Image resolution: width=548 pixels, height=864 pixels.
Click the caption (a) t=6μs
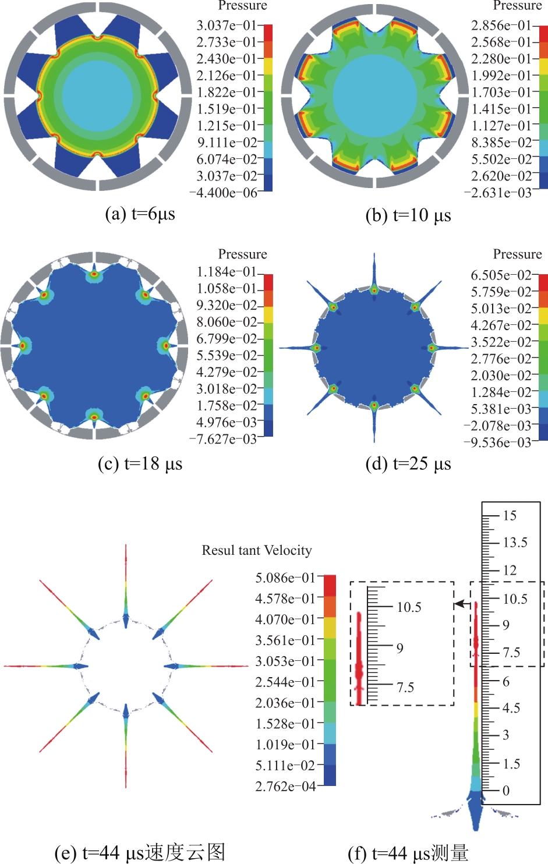pos(140,214)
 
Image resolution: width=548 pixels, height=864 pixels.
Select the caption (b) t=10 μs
pos(408,215)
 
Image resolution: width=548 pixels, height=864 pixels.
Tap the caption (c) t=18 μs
pos(140,463)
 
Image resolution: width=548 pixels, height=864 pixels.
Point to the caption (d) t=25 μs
pos(408,463)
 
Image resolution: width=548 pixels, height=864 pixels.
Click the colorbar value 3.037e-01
pos(227,26)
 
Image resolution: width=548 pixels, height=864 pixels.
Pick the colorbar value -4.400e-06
pos(224,192)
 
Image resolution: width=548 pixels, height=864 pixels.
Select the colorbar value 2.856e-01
pos(501,26)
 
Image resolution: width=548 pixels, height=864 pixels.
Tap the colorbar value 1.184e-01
pos(227,272)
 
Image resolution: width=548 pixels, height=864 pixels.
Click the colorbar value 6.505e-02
pos(501,275)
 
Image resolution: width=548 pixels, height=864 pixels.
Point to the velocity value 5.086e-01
pos(285,578)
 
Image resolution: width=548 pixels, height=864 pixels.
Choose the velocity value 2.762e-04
pos(285,786)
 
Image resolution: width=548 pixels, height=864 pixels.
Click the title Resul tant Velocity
pos(257,550)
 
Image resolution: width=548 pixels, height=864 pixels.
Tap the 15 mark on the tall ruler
pos(510,515)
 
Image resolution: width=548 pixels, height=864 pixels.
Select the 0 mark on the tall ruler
pos(506,790)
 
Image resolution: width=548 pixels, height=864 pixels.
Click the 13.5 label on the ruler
pos(515,543)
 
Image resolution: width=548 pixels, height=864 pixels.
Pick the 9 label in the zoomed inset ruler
pos(400,649)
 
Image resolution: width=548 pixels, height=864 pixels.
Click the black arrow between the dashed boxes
pos(462,604)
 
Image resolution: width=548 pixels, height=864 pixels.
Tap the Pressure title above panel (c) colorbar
pos(242,254)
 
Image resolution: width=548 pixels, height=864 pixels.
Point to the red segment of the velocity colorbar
pos(330,585)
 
